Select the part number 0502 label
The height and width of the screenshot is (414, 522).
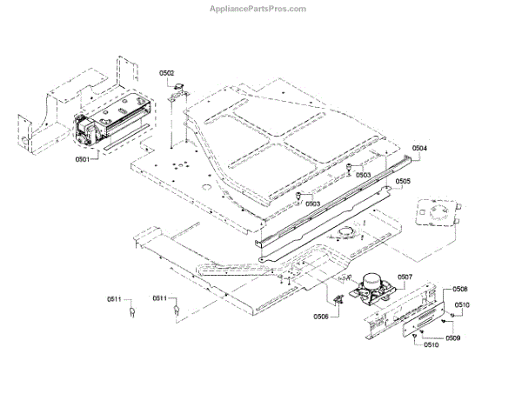point(167,73)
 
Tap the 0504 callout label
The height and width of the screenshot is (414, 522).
point(419,148)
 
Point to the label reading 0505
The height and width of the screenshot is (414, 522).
point(403,182)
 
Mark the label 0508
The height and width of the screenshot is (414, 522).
point(460,289)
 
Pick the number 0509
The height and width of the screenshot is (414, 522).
point(453,337)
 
